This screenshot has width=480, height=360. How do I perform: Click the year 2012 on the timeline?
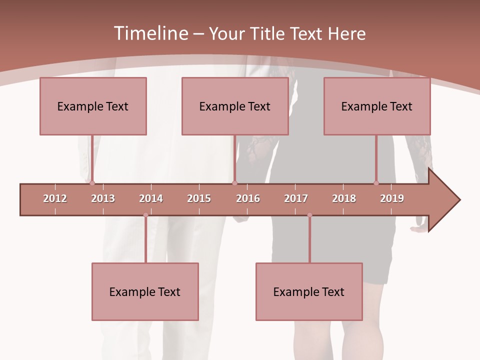tap(55, 198)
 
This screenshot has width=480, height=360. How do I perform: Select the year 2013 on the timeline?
tap(103, 198)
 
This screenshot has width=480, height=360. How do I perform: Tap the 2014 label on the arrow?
tap(151, 198)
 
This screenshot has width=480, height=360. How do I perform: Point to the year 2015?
tap(199, 198)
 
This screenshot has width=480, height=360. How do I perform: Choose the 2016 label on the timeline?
tap(248, 198)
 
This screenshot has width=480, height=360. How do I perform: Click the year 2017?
tap(296, 198)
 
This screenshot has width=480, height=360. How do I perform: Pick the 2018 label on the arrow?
tap(344, 198)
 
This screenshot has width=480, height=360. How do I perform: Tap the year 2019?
tap(392, 198)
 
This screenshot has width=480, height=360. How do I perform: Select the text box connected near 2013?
tap(93, 106)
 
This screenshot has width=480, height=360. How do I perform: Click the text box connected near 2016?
tap(235, 106)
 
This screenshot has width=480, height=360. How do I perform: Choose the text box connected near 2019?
tap(377, 106)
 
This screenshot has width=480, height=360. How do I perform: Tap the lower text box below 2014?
tap(145, 291)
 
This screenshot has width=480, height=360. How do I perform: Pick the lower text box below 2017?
tap(309, 291)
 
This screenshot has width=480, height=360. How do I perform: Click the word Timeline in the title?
tap(150, 33)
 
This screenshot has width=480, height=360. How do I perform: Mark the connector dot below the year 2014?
tap(145, 215)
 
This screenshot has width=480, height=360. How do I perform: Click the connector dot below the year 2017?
tap(309, 215)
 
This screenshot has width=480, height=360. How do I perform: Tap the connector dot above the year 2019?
tap(376, 183)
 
